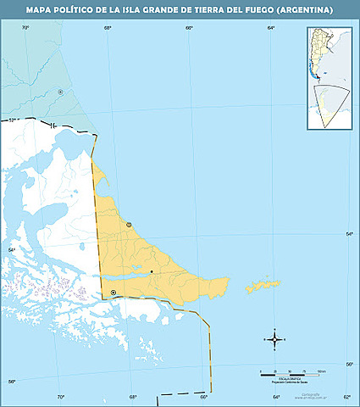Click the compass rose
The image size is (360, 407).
274,338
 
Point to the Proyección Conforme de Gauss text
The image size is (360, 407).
289,383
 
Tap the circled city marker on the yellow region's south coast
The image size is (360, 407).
114,293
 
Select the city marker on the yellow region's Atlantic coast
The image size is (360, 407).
129,225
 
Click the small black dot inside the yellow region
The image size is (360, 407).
152,271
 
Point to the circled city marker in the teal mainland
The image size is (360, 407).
60,92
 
